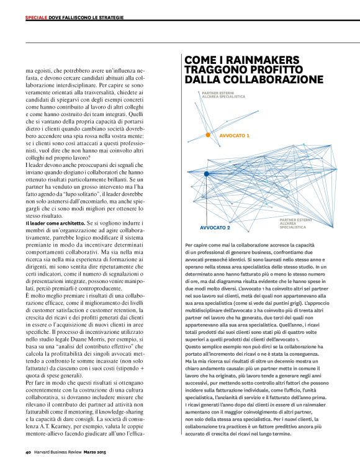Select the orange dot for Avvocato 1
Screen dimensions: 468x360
click(209, 135)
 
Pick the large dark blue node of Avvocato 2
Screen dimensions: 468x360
click(206, 174)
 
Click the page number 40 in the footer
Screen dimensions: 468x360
click(29, 452)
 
